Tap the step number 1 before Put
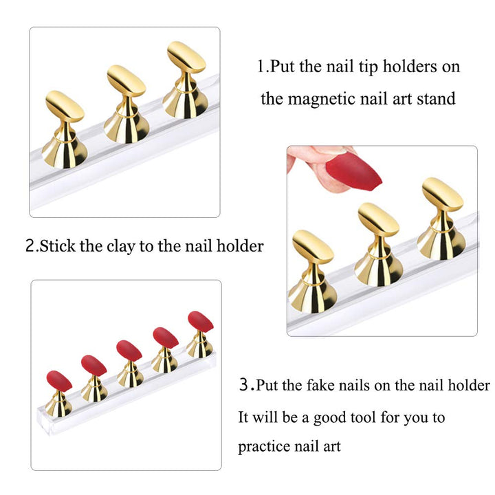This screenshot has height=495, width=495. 261,67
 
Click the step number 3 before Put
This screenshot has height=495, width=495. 243,385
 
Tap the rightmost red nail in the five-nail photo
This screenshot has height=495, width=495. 200,321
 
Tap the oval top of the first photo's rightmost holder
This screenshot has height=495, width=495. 186,58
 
